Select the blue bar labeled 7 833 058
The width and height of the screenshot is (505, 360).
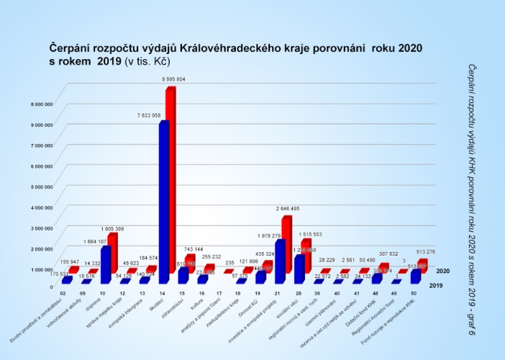(164, 202)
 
